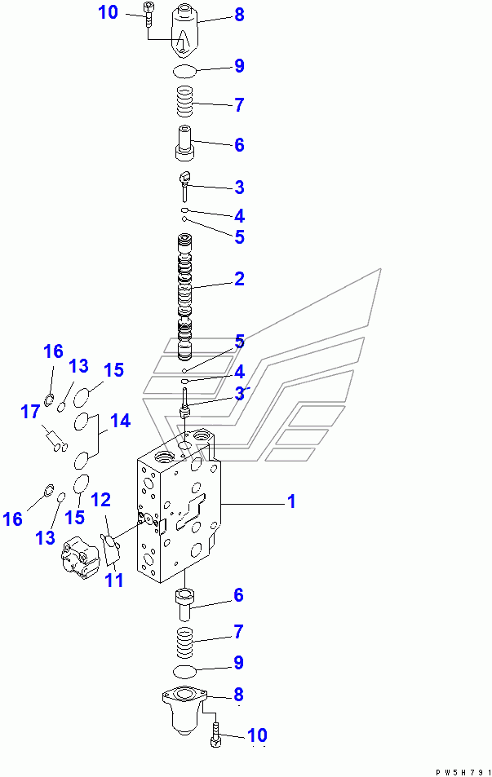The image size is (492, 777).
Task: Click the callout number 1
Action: click(x=291, y=501)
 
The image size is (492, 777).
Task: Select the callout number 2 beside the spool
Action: click(x=239, y=279)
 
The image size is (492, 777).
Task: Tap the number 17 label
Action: click(x=29, y=412)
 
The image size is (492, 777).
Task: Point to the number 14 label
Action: click(x=121, y=421)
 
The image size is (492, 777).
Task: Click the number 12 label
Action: click(x=101, y=500)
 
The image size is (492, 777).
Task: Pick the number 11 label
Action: click(x=114, y=580)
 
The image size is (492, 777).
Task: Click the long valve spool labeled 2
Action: click(x=185, y=298)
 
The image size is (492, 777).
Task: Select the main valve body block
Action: click(x=179, y=503)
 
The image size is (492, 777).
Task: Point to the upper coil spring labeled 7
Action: click(x=184, y=101)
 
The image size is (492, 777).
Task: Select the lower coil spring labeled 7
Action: click(x=184, y=642)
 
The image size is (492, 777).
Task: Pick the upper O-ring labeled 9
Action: click(x=184, y=72)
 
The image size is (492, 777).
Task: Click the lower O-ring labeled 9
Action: click(x=184, y=672)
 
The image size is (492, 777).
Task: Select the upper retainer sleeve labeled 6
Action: click(x=184, y=142)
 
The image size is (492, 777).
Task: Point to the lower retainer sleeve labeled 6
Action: click(x=184, y=603)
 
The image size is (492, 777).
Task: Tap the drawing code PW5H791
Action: click(x=463, y=772)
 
